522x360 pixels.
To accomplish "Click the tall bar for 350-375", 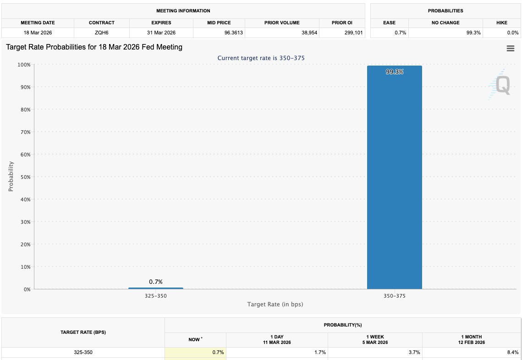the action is [395, 177].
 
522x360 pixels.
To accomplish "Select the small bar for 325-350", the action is [156, 288].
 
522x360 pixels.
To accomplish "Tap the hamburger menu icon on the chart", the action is [511, 48].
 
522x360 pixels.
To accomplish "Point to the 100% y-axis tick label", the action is [24, 65].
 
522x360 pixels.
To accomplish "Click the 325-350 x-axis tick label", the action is [156, 296].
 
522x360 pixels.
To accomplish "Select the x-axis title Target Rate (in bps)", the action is [275, 304].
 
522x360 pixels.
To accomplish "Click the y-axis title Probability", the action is [11, 177].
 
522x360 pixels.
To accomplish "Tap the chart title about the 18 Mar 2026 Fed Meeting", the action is [94, 47].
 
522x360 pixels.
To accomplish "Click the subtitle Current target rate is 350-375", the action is [261, 58].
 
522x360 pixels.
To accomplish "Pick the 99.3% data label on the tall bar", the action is [395, 72].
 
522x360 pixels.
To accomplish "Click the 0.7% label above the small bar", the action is [156, 282].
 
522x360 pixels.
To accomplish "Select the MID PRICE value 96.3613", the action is [234, 33].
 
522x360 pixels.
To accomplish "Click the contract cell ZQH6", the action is [102, 33].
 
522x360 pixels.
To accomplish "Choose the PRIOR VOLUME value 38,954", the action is [310, 33].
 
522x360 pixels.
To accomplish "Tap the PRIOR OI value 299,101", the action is [353, 33].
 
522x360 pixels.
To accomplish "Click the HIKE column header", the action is [502, 22].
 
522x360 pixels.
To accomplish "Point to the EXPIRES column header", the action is [161, 22].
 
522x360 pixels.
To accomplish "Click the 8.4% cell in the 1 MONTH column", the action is [513, 352].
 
